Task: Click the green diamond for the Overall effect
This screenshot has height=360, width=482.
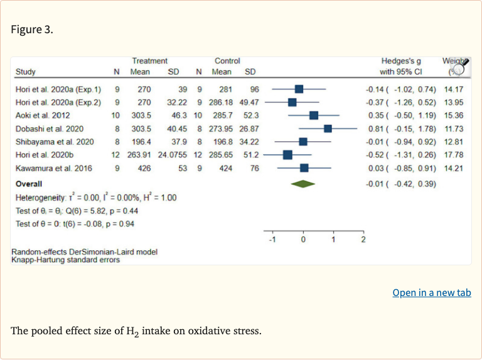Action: click(x=303, y=184)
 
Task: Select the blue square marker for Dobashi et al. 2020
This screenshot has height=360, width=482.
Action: click(x=328, y=129)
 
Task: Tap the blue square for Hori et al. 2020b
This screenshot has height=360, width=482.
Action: click(x=287, y=155)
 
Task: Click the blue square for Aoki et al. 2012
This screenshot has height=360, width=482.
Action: click(x=314, y=115)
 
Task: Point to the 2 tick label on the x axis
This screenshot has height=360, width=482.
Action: click(x=363, y=240)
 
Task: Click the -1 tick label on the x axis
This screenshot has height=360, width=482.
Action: click(x=272, y=240)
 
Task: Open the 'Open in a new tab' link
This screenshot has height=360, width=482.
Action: click(x=432, y=293)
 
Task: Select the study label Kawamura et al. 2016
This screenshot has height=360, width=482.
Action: click(x=54, y=168)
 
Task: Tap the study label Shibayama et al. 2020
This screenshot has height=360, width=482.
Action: click(x=55, y=142)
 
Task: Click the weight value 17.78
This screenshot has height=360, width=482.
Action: click(x=454, y=155)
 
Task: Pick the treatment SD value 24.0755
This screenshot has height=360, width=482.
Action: click(x=173, y=155)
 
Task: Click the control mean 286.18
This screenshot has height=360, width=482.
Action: click(x=221, y=102)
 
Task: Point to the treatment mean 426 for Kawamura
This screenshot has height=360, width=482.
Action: click(x=144, y=168)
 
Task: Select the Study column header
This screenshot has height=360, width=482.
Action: click(x=26, y=72)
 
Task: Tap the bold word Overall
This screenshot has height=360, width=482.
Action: click(x=29, y=184)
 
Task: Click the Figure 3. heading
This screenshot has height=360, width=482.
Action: click(x=32, y=29)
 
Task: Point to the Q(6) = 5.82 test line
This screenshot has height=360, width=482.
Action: click(x=77, y=211)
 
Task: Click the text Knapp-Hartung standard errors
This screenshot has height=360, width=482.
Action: click(x=65, y=260)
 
